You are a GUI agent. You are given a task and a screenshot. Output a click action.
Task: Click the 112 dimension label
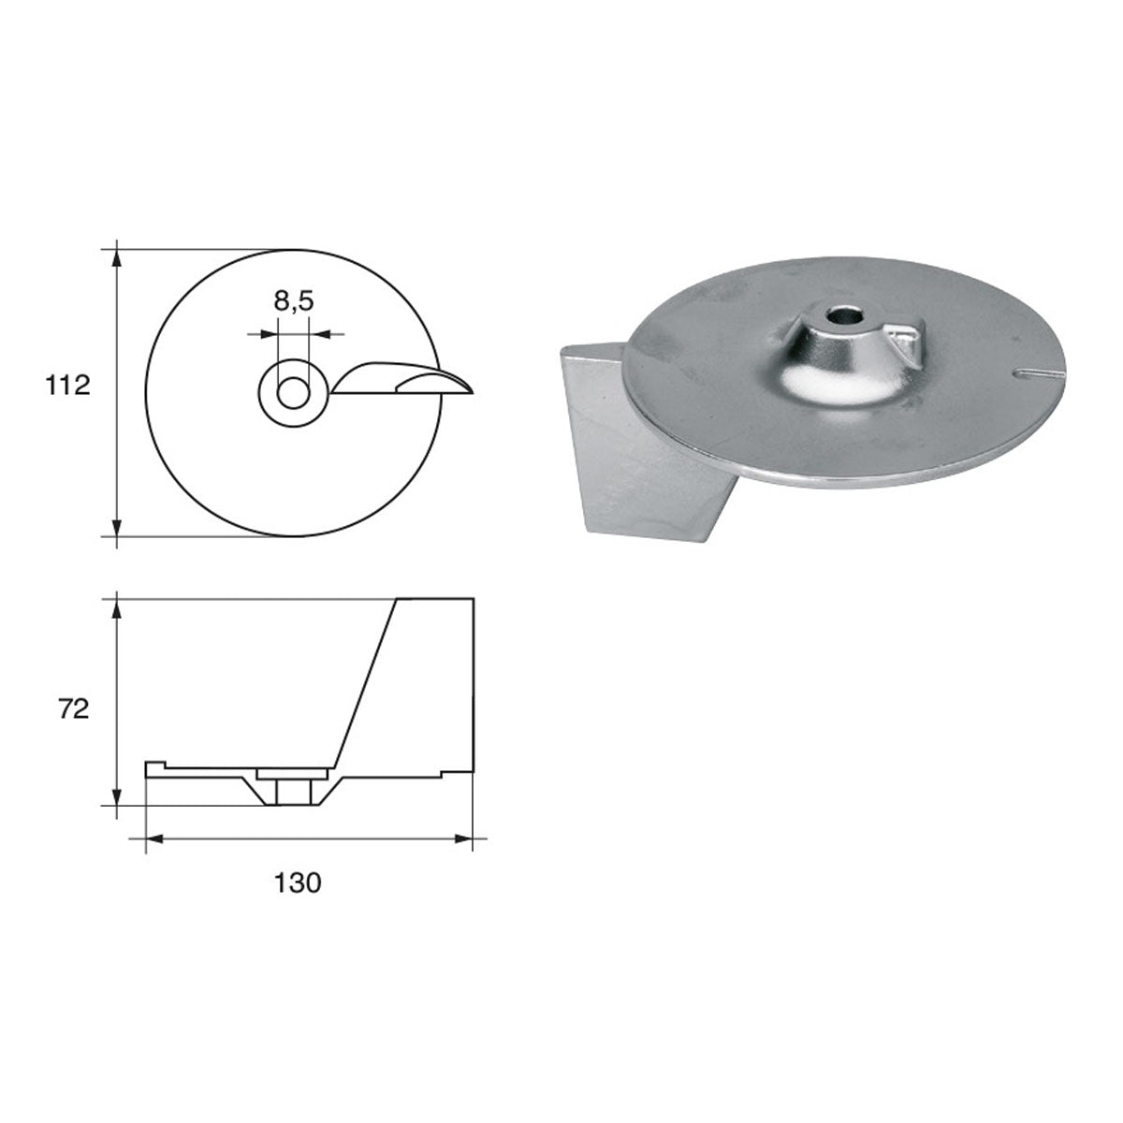pos(67,385)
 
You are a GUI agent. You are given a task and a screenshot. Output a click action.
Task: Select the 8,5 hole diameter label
pos(293,301)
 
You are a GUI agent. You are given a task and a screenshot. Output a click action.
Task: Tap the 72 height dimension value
pos(72,709)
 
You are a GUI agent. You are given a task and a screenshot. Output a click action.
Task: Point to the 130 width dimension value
pos(299,882)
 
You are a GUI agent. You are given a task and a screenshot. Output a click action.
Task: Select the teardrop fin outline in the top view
pos(402,380)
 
